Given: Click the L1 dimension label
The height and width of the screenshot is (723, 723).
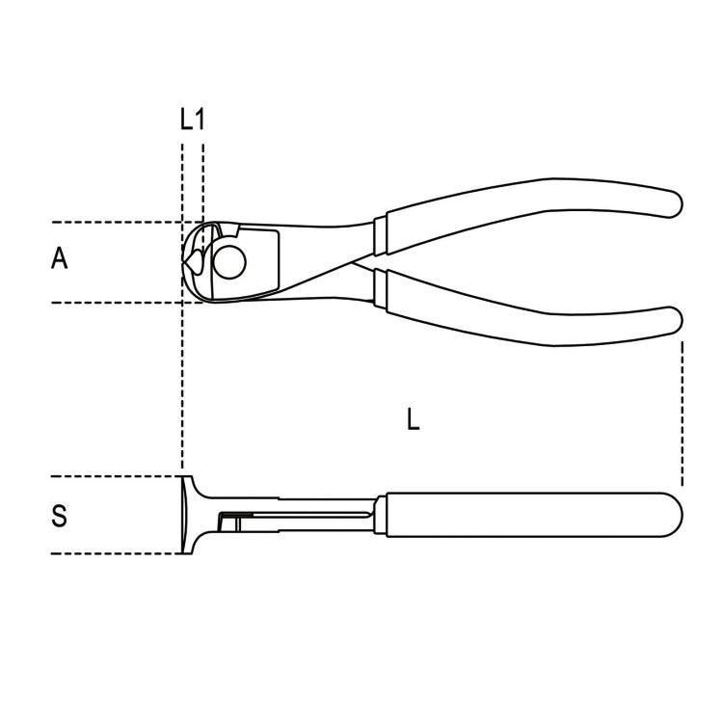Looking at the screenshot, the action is click(x=192, y=120).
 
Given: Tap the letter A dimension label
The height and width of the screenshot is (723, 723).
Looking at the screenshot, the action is click(x=59, y=258).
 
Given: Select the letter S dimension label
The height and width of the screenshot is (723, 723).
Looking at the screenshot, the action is click(x=59, y=516).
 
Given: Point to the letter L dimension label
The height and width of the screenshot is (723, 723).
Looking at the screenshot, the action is click(x=414, y=419).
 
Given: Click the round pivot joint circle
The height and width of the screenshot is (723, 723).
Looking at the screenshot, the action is click(x=229, y=261).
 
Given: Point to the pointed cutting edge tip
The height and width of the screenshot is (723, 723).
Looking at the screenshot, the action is click(x=183, y=262).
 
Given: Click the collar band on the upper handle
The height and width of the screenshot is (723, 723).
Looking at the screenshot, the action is click(x=380, y=235).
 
